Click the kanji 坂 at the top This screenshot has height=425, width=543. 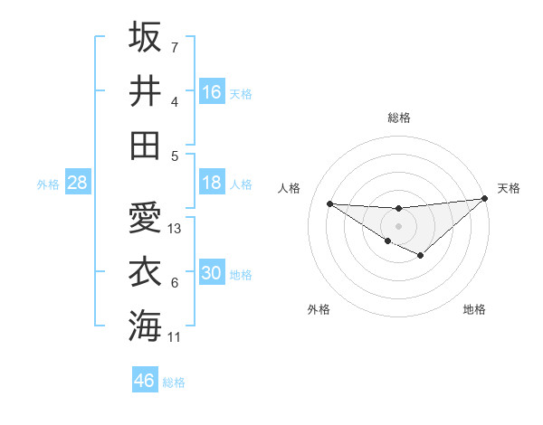pos(145,37)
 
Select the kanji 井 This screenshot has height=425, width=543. pos(145,90)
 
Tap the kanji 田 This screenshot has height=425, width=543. pos(145,144)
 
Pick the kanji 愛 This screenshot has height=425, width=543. pos(145,218)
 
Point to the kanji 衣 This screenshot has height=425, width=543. pos(145,272)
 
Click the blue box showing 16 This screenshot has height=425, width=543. pos(212,92)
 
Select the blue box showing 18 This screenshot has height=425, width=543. pos(212,183)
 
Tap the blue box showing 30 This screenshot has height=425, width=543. pos(212,274)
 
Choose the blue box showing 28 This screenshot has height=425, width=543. pos(77,183)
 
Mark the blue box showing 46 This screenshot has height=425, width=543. pos(145,381)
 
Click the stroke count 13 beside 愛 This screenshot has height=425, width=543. pos(176,229)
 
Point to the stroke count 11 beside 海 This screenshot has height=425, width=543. pos(175,337)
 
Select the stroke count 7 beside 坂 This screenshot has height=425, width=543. pos(175,47)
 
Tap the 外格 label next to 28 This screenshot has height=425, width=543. pos(48,184)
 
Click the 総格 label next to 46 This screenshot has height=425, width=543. pos(174,382)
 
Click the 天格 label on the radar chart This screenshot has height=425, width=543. pos(509,188)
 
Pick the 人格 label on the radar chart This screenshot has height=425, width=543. pos(290,188)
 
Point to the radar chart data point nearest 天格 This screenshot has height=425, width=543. pos(484,199)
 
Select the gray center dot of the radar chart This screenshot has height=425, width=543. pos(398,225)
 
